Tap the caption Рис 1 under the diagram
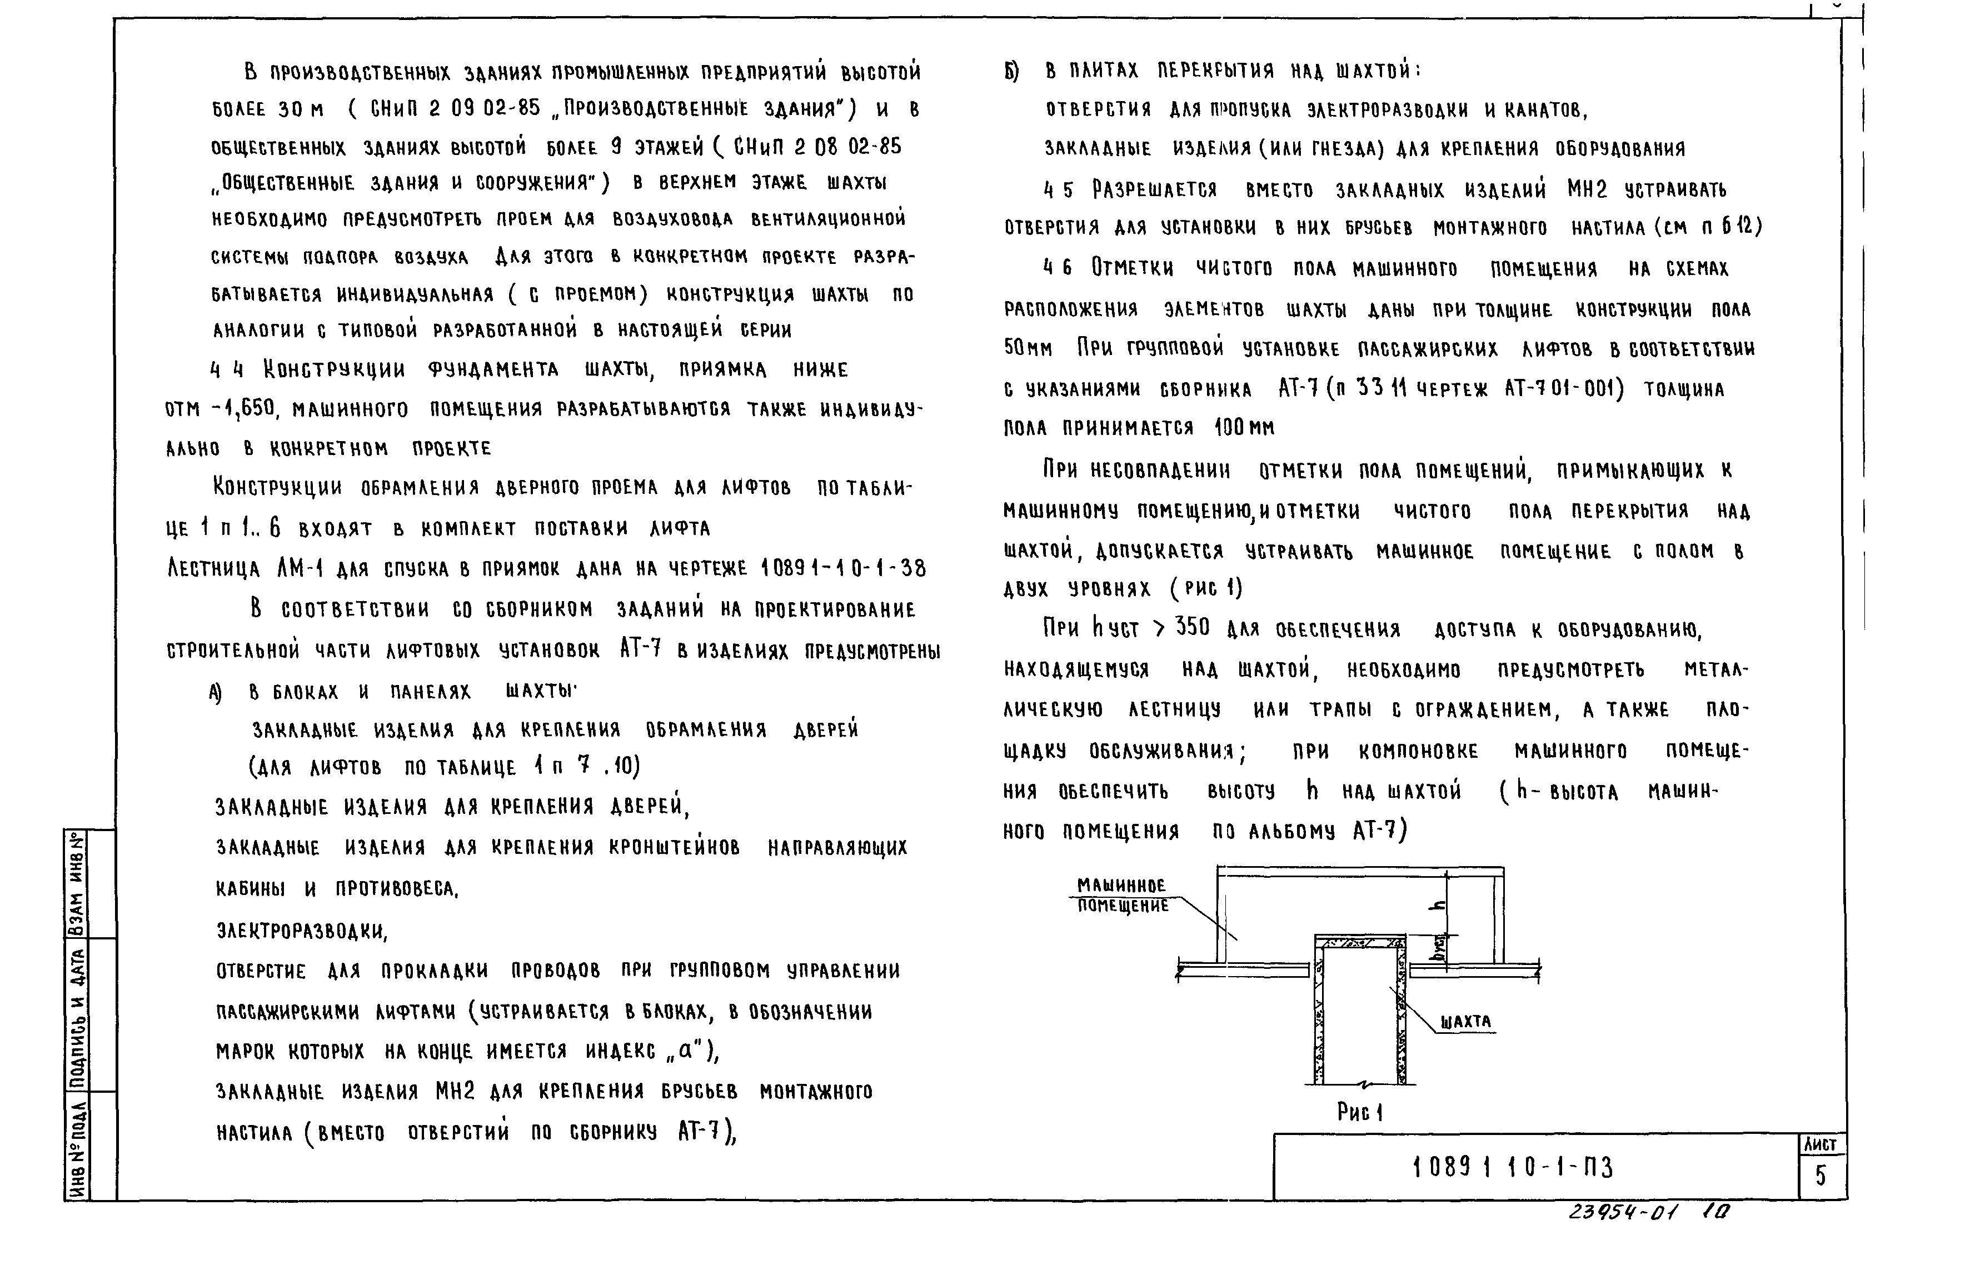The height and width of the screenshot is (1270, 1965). [1359, 1112]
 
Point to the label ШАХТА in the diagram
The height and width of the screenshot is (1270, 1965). [1466, 1022]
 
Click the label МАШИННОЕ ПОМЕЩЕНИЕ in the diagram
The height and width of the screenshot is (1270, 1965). [1122, 896]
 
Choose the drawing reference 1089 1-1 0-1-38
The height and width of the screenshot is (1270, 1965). [843, 568]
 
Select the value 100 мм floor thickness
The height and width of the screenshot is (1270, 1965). [1244, 427]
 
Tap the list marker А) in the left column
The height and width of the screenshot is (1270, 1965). [216, 693]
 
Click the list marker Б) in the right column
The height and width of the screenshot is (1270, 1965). [1012, 72]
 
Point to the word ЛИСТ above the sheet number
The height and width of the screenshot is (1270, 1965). [1820, 1144]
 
